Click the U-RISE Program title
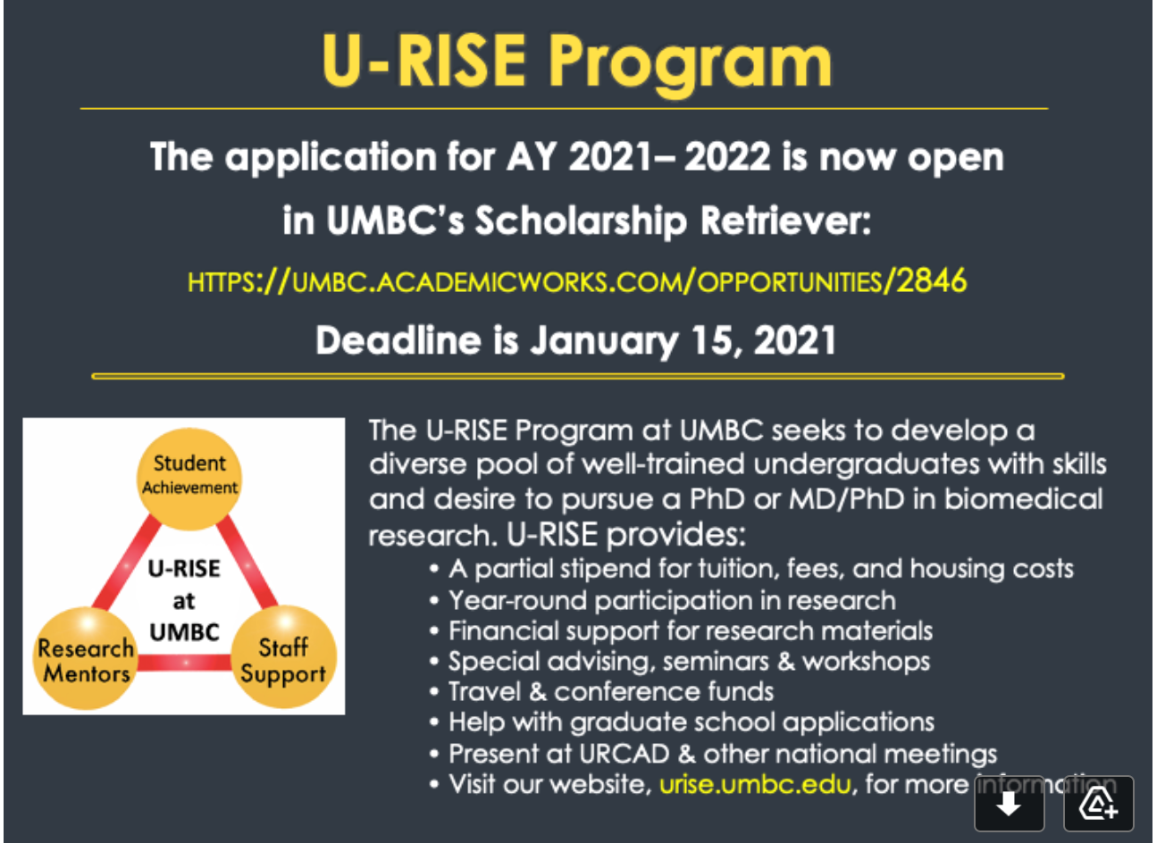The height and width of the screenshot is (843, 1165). [x=576, y=63]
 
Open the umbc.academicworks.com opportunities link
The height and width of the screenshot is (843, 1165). [x=577, y=281]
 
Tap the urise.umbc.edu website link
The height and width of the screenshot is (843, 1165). [x=755, y=784]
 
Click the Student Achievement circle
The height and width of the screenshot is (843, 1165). [x=189, y=479]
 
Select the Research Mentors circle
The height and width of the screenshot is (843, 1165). [x=86, y=658]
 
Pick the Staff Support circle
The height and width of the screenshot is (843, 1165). [x=283, y=657]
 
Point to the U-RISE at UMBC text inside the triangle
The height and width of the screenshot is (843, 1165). [x=184, y=600]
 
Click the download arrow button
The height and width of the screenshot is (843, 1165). [x=1010, y=804]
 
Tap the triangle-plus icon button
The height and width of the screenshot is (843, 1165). [x=1098, y=804]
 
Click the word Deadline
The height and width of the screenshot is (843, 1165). [x=398, y=340]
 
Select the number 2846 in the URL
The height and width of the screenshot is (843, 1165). [x=932, y=280]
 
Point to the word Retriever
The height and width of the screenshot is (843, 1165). [x=786, y=221]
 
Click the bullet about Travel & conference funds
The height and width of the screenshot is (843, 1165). [x=602, y=692]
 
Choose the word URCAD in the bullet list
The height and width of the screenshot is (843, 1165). [x=624, y=754]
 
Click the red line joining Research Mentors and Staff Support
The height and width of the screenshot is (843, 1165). [x=185, y=662]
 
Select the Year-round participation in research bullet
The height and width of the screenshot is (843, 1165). [x=663, y=601]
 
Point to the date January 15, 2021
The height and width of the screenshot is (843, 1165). [x=683, y=341]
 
